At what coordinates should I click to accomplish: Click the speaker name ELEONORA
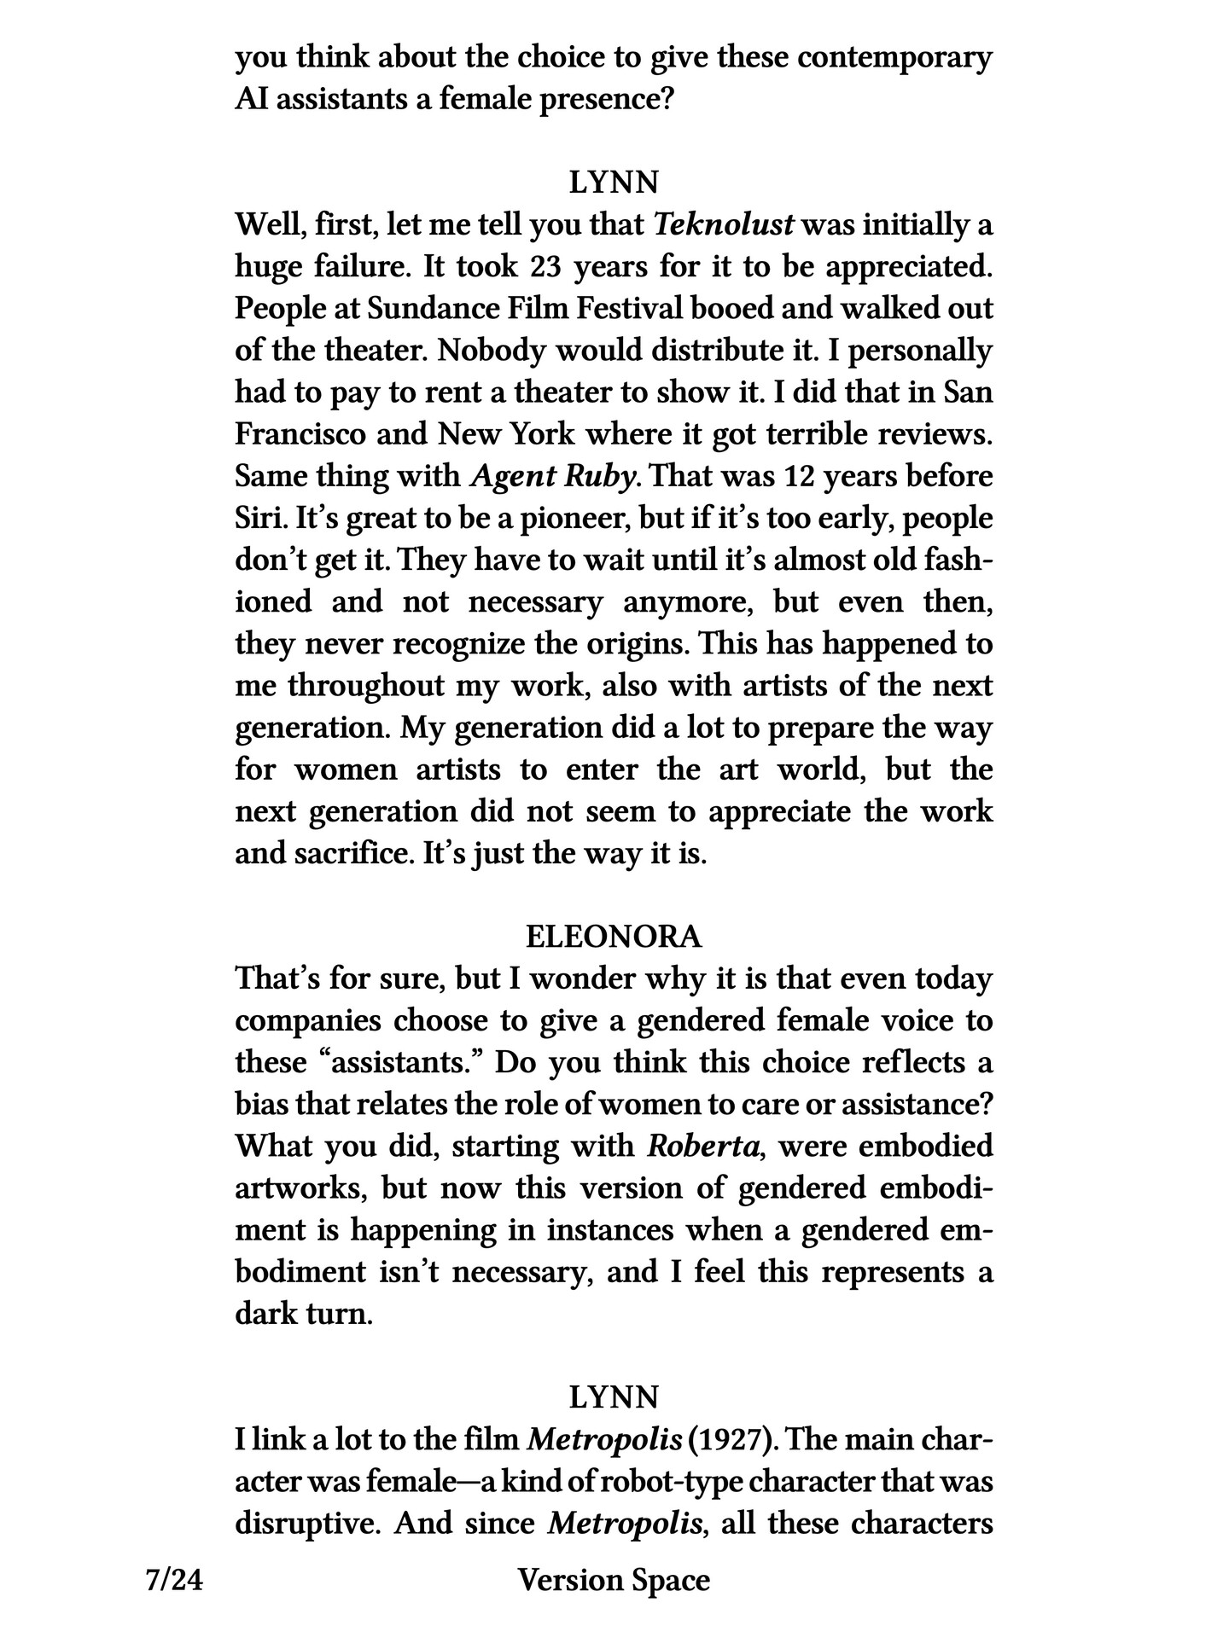pos(614,937)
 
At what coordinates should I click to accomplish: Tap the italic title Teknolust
pos(724,225)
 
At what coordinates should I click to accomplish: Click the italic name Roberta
pos(702,1146)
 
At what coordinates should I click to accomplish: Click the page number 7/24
pos(175,1581)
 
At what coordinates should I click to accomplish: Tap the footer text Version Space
pos(614,1581)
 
